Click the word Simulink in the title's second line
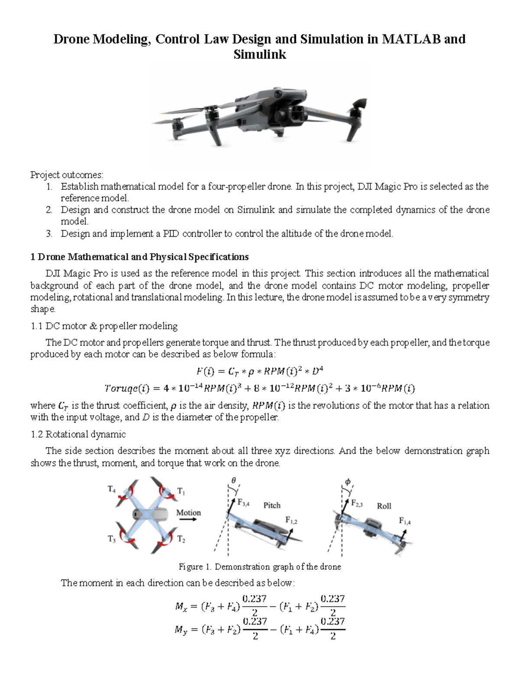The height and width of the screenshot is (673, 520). pos(260,55)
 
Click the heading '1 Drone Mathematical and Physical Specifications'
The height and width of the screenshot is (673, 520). pos(139,257)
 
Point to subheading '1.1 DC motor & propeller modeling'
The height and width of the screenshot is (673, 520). pos(104,326)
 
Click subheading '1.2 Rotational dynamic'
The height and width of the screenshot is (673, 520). pos(78,434)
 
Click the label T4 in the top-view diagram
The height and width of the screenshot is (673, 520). pos(111,490)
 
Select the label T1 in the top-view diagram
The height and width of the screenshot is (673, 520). pos(181,491)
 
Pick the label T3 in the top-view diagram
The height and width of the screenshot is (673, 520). pos(111,539)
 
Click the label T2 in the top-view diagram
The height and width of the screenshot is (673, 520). pos(181,540)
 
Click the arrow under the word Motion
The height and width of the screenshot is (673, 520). pos(188,521)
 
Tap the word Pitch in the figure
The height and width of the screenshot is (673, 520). pos(272,505)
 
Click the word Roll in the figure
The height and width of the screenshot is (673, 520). pos(384,506)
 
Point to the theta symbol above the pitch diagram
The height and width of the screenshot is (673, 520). pos(234,481)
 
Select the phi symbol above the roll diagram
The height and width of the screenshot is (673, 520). pos(347,481)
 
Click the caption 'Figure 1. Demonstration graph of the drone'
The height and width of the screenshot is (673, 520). pos(260,567)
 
